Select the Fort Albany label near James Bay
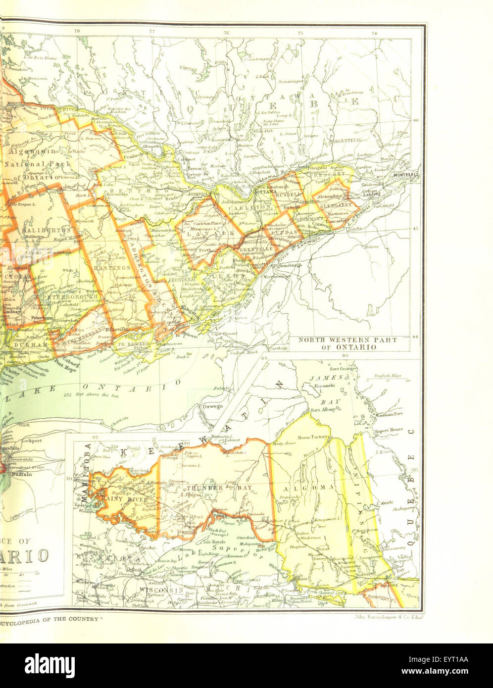click(323, 409)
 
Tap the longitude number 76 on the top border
click(227, 33)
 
